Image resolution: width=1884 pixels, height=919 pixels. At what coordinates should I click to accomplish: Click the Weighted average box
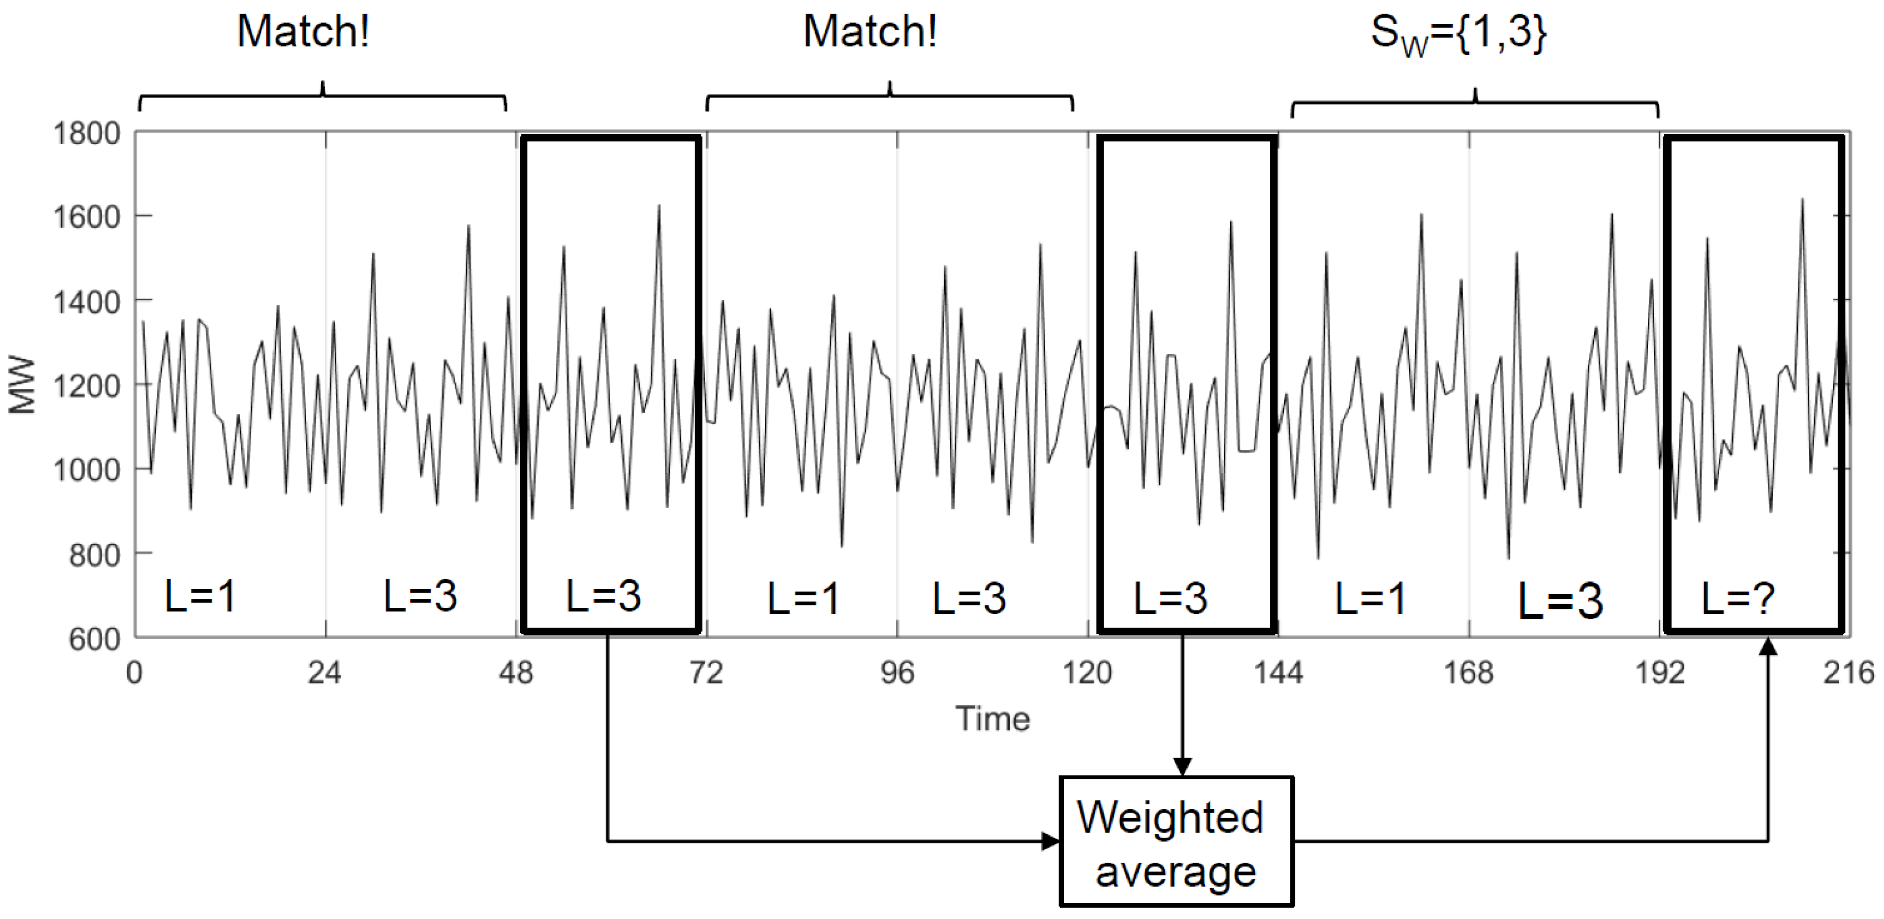[1176, 841]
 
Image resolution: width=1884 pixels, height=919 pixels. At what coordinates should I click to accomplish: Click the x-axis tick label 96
[897, 672]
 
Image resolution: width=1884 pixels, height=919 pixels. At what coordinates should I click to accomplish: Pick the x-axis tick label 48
[516, 672]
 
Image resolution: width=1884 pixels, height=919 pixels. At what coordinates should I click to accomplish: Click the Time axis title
[992, 719]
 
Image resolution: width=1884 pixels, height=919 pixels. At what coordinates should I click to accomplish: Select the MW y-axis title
[23, 385]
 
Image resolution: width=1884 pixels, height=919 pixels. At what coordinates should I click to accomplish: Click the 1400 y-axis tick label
[87, 301]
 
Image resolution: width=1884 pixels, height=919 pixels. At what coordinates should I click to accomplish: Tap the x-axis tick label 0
[135, 672]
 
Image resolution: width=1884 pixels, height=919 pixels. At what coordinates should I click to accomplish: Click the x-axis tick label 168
[1468, 672]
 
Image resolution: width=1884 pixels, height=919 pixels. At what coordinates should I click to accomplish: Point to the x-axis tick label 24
[325, 672]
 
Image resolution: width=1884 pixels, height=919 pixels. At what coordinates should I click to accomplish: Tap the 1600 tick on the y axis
[87, 217]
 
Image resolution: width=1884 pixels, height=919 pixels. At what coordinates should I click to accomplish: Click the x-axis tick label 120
[1088, 672]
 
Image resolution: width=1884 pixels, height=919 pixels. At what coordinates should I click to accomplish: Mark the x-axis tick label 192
[1659, 672]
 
